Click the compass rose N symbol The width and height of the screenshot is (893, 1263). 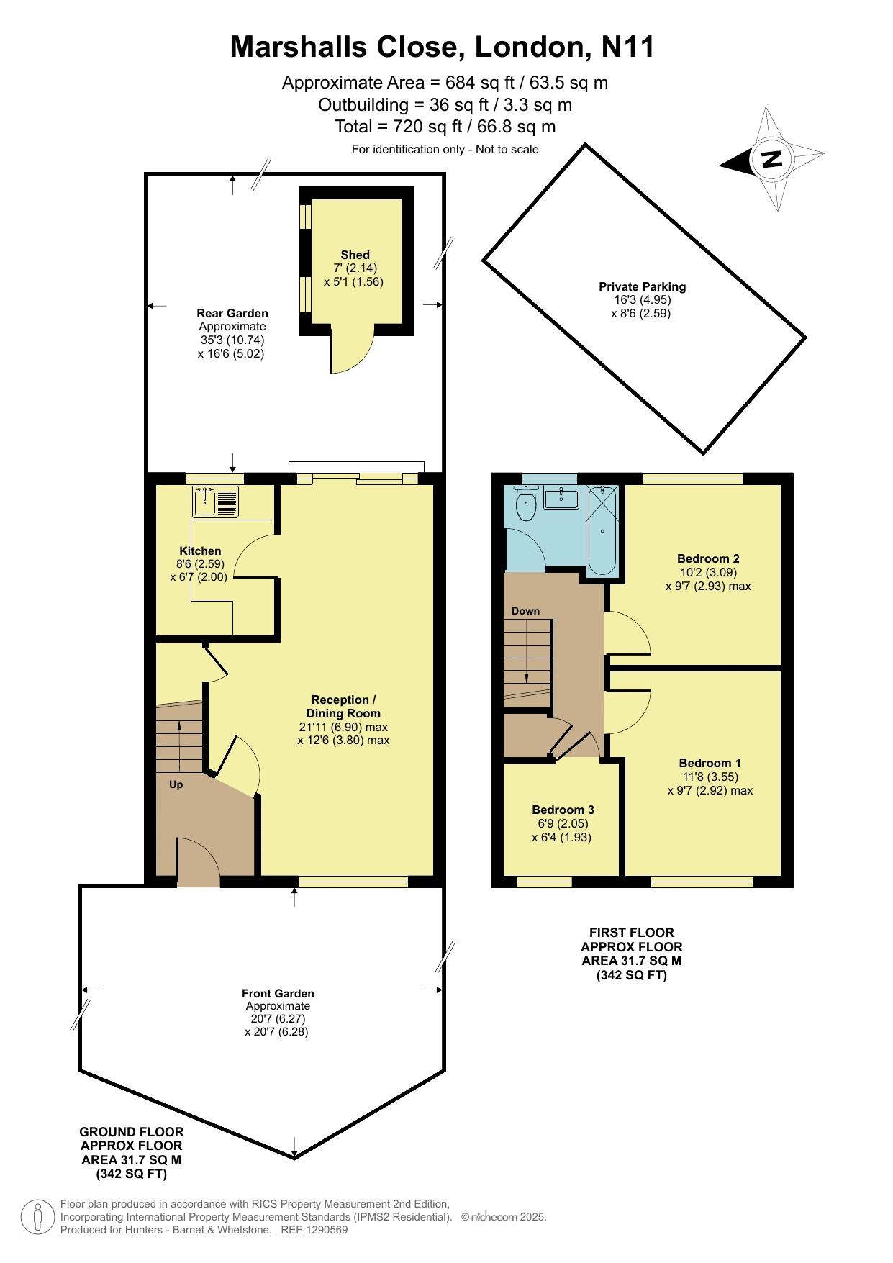click(772, 159)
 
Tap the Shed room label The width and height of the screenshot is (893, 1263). click(355, 255)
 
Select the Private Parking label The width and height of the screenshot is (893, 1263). click(643, 286)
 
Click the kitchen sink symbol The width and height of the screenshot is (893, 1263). click(215, 502)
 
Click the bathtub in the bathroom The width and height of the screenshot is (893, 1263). click(602, 531)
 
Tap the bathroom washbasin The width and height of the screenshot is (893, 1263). click(561, 497)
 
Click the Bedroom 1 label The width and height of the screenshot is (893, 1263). click(710, 763)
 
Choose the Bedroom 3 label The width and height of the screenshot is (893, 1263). click(563, 810)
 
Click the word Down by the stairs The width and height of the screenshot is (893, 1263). click(525, 611)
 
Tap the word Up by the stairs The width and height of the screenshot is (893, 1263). click(176, 784)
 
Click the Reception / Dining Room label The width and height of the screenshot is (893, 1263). click(343, 706)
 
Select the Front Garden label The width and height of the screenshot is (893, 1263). click(278, 993)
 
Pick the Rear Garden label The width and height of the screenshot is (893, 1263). click(232, 313)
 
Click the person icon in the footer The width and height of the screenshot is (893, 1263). click(37, 1216)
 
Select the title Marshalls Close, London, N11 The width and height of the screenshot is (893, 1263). click(443, 47)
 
